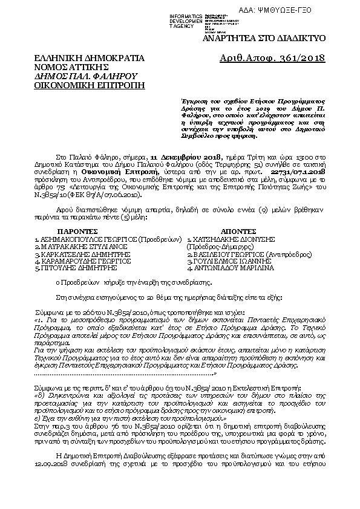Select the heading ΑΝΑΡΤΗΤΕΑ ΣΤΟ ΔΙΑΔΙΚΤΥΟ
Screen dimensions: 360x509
(x=273, y=38)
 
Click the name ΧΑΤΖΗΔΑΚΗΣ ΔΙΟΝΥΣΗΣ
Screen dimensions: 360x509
(x=238, y=222)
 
